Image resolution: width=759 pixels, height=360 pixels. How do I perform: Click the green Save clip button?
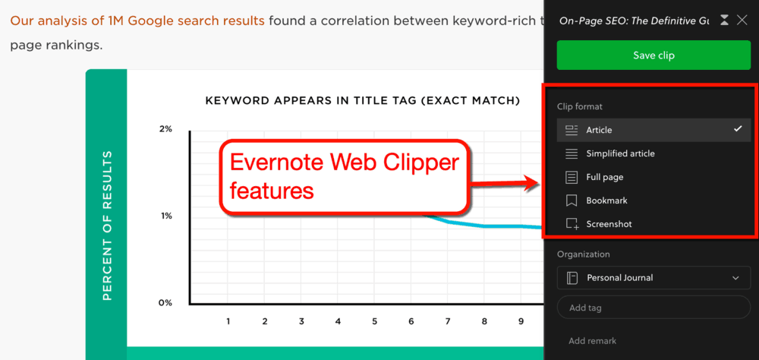[x=653, y=55]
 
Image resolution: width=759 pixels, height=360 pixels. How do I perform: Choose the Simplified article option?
[x=619, y=153]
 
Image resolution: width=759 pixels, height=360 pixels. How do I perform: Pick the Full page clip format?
[x=604, y=177]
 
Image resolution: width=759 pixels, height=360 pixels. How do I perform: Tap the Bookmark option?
[x=606, y=201]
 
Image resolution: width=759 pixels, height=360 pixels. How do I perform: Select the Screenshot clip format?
[x=609, y=224]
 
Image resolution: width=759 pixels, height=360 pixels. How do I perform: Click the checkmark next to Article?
[x=738, y=129]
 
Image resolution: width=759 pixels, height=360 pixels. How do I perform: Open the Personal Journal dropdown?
[x=653, y=278]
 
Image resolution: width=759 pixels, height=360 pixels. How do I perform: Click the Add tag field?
[x=653, y=308]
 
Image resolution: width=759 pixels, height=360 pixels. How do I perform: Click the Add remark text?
[x=593, y=341]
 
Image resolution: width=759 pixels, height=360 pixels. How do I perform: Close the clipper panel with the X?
[x=742, y=21]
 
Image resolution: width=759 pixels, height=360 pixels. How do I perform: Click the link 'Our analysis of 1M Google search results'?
[x=137, y=21]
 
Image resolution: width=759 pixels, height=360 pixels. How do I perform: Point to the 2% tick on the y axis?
[x=165, y=129]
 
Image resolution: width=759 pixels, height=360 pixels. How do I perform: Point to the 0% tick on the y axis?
[x=165, y=303]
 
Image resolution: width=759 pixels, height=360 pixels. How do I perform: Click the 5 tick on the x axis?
[x=375, y=321]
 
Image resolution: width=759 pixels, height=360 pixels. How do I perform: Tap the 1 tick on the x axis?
[x=228, y=321]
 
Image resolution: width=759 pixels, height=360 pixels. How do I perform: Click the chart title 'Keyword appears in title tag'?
[x=363, y=100]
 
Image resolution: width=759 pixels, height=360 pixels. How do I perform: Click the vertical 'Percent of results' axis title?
[x=107, y=225]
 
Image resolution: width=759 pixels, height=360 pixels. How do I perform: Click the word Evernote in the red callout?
[x=277, y=163]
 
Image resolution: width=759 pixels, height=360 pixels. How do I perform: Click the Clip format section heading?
[x=580, y=107]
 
